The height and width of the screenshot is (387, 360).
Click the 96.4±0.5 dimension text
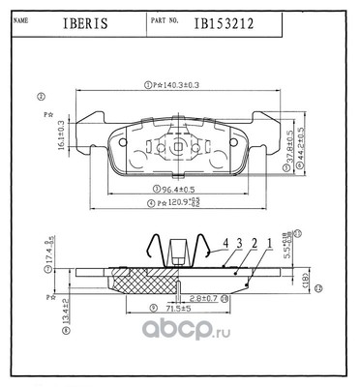(x=182, y=189)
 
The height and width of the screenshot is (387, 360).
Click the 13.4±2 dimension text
(x=63, y=312)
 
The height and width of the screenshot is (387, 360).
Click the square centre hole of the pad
(x=182, y=146)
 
